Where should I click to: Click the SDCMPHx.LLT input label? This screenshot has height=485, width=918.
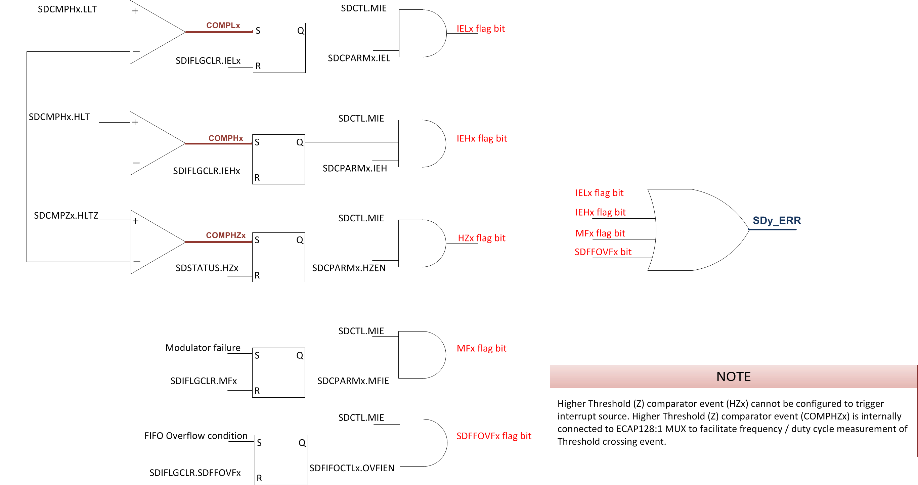pos(67,9)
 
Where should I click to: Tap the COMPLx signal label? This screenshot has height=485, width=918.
pos(223,25)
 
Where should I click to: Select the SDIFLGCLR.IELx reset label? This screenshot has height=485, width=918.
pos(208,60)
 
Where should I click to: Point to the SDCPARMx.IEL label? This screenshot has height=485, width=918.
pos(359,58)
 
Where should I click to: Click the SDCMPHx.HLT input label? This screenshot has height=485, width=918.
pos(59,117)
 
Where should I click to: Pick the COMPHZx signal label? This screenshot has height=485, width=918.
pos(226,235)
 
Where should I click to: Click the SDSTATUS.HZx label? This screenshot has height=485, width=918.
pos(207,268)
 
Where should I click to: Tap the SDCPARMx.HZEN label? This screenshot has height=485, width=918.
pos(349,268)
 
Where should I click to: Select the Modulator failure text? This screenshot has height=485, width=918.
pos(203,348)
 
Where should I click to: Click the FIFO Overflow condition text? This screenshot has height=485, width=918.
pos(195,436)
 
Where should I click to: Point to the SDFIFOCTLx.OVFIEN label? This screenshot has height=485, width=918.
pos(352,468)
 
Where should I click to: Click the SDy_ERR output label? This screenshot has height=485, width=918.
pos(777,221)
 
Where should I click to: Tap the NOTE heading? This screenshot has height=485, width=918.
pos(733,377)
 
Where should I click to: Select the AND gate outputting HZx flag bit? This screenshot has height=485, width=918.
pos(421,244)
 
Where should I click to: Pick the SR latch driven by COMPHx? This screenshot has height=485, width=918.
pos(278,159)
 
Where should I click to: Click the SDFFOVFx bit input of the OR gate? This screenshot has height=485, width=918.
pos(603,252)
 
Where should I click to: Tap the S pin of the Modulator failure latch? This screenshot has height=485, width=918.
pos(257,355)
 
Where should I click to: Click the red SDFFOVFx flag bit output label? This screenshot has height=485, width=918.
pos(493,436)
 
